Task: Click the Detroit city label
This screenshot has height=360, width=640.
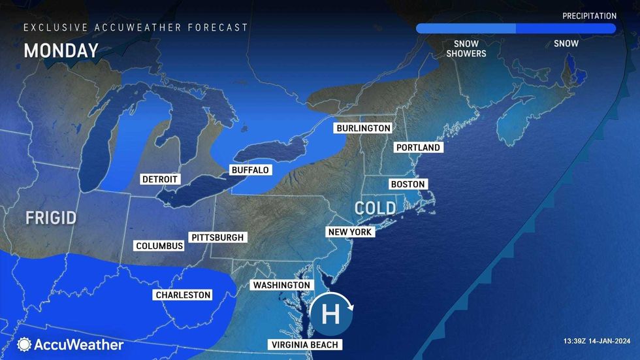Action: tap(160, 179)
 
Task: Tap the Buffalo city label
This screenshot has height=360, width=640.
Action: tap(250, 170)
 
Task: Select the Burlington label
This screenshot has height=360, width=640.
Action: tap(364, 128)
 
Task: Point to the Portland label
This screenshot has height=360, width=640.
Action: tap(418, 148)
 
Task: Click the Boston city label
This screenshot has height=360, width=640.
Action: tap(408, 184)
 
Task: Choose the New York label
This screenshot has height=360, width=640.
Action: tap(350, 232)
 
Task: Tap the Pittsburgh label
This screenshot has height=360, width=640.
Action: tap(217, 237)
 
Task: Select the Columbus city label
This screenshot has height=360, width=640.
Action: tap(159, 246)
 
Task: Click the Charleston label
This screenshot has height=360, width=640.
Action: tap(183, 295)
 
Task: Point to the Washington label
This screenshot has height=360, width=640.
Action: tap(281, 286)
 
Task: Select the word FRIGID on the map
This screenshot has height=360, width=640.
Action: tap(52, 218)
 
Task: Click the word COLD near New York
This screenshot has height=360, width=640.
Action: tap(376, 208)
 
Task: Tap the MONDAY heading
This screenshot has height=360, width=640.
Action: tap(61, 50)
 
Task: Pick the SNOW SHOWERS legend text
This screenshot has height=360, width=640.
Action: tap(466, 48)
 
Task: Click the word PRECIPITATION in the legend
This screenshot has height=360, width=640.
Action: tap(590, 16)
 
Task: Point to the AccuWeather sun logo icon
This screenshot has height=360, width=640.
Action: tap(25, 344)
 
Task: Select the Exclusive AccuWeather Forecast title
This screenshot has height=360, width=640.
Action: tap(136, 27)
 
